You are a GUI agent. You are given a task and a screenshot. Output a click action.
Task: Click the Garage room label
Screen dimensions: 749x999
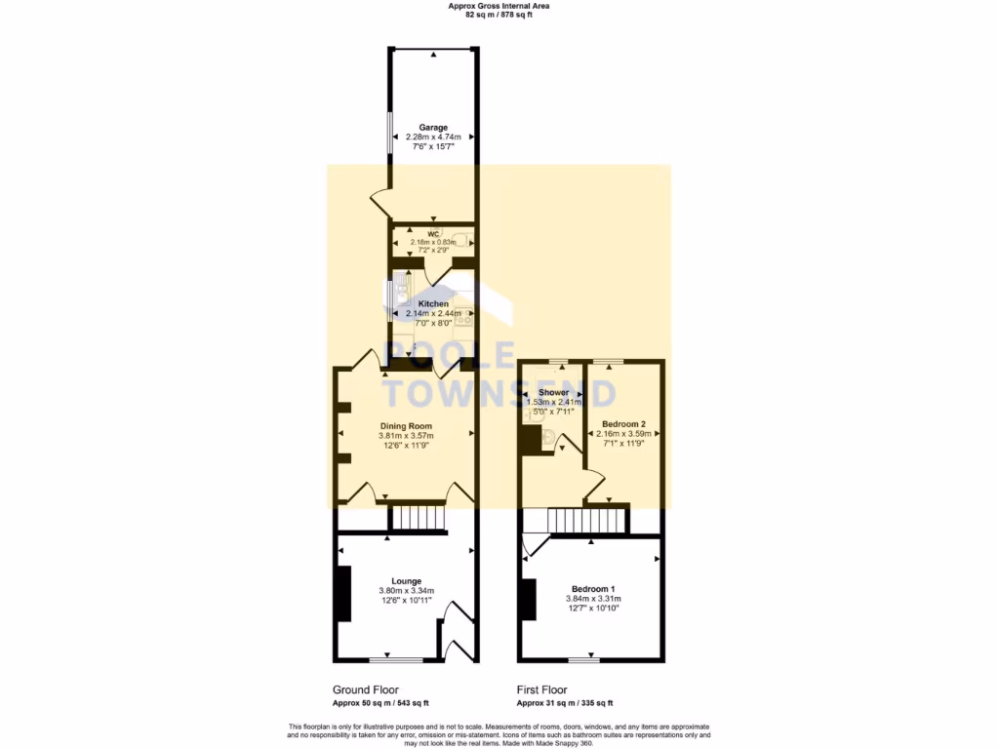pos(433,127)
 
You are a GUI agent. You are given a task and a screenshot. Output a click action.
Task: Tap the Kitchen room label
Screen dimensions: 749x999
pos(433,303)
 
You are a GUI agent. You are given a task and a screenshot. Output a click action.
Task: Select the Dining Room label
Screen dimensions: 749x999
pos(406,426)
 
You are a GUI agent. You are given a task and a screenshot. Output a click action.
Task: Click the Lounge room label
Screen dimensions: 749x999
pos(406,580)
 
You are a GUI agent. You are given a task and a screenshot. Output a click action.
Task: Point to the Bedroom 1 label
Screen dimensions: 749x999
pos(593,588)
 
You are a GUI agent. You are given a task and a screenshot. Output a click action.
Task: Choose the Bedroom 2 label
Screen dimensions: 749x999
pos(623,424)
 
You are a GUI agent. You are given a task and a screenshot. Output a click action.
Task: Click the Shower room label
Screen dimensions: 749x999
pos(553,392)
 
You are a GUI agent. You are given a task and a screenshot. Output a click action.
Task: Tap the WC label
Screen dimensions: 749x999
pos(433,234)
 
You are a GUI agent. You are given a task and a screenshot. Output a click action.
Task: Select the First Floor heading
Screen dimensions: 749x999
pos(541,690)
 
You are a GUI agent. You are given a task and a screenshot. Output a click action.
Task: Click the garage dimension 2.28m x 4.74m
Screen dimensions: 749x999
pos(433,137)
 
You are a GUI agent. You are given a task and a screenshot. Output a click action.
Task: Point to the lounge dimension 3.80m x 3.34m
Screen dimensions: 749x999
pos(406,591)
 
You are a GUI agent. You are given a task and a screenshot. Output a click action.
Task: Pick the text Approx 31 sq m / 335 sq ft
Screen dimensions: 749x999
pos(565,702)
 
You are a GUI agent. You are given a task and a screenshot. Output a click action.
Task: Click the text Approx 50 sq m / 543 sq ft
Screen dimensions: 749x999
pos(380,702)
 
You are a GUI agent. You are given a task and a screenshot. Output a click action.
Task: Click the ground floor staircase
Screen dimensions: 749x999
pos(418,517)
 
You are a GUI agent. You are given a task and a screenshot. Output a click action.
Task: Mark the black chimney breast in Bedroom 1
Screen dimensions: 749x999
pos(528,599)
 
